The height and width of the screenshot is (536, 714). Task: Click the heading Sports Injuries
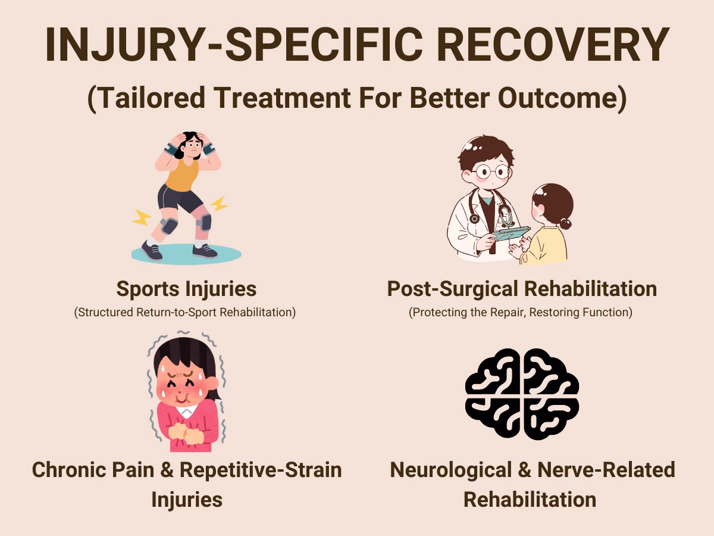tap(186, 289)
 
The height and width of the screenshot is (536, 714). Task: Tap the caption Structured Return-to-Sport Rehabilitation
tap(185, 312)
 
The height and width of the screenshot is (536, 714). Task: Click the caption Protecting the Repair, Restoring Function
tap(521, 312)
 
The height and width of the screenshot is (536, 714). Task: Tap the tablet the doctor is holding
tap(511, 233)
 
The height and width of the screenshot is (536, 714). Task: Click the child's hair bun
tap(565, 224)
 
